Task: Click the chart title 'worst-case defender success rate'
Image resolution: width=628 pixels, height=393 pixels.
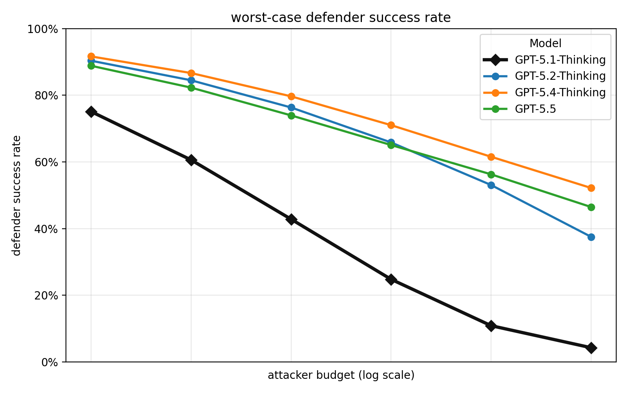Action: pos(341,18)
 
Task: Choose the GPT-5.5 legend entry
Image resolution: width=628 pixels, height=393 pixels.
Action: pos(535,109)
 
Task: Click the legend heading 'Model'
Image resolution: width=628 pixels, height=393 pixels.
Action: pos(545,43)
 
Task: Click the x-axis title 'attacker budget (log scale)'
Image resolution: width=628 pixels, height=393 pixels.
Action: pos(341,376)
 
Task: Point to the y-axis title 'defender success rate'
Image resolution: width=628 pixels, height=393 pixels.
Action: pos(16,195)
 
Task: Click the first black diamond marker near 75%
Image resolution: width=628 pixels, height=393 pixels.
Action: pos(91,112)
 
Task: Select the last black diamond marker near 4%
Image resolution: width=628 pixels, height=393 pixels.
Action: pos(591,348)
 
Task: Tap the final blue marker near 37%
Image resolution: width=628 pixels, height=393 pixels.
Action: pos(591,237)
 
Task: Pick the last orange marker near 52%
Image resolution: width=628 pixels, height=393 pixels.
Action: pos(591,188)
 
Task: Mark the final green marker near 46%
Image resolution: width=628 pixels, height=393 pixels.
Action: pos(591,207)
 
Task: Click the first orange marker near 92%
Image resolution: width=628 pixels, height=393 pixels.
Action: pos(91,57)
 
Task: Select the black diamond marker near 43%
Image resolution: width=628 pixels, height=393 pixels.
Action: pos(291,219)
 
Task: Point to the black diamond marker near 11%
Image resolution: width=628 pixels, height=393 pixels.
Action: pos(491,326)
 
